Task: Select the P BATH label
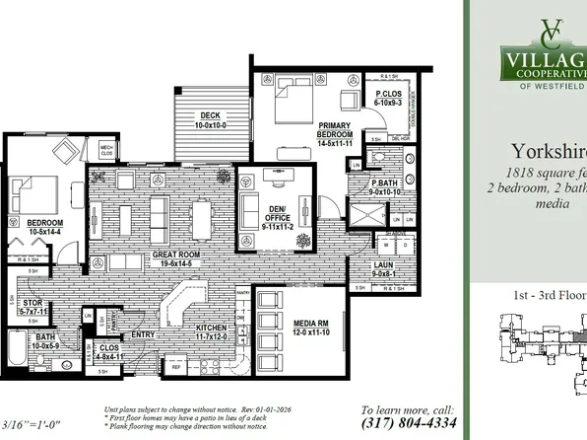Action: [x=384, y=186]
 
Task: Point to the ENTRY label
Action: [x=145, y=334]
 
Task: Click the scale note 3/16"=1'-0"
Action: [x=26, y=423]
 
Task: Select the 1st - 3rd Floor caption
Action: [x=549, y=293]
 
